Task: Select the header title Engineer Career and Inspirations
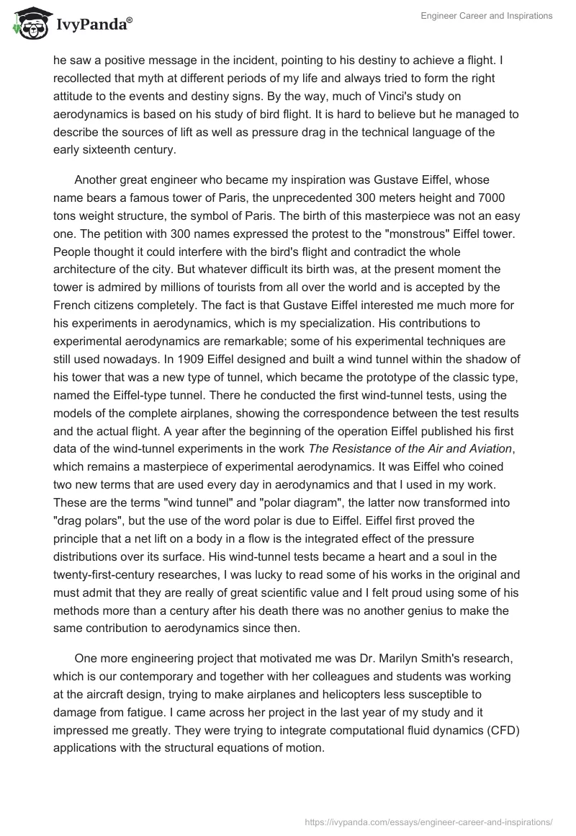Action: click(487, 16)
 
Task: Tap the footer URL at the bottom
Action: click(430, 821)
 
